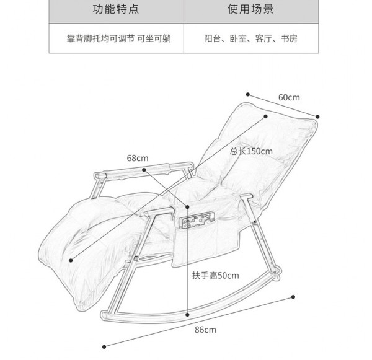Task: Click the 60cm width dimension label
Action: click(289, 97)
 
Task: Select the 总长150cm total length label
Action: click(251, 151)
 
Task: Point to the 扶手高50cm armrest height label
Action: click(215, 274)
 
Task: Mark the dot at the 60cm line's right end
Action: click(317, 116)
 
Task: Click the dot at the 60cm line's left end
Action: click(247, 95)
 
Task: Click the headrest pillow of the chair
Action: click(276, 130)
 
